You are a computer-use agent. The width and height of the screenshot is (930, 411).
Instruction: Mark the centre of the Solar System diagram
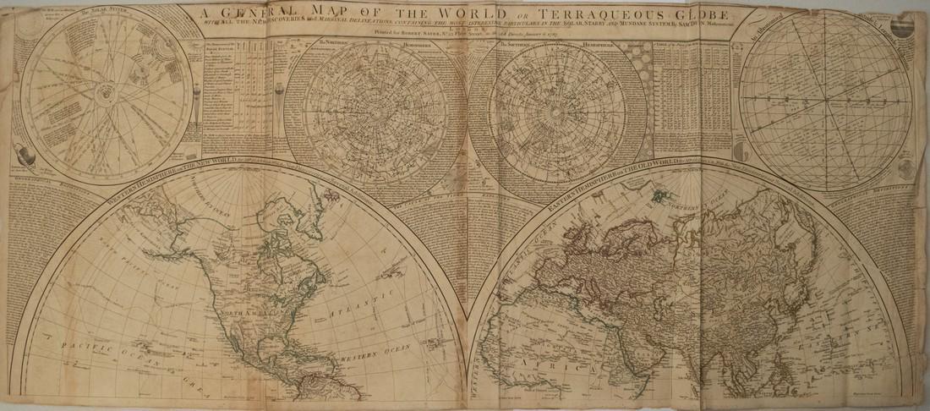click(x=107, y=88)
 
